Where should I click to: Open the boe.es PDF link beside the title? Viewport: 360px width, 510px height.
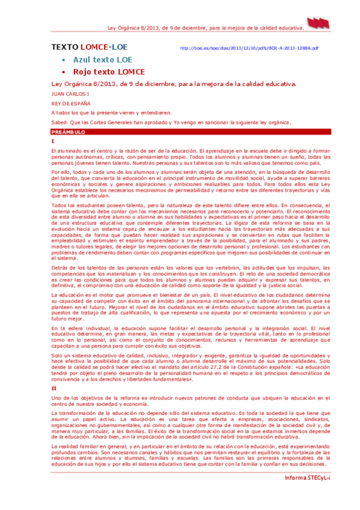pyautogui.click(x=249, y=48)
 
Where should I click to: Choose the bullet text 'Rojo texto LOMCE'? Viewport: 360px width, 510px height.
pyautogui.click(x=108, y=72)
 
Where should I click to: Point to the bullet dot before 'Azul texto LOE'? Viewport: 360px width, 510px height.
pyautogui.click(x=63, y=61)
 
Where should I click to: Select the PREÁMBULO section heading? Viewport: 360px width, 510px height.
pyautogui.click(x=69, y=131)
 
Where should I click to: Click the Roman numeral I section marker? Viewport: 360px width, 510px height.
pyautogui.click(x=53, y=140)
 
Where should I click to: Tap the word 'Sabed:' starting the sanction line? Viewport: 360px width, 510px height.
pyautogui.click(x=59, y=121)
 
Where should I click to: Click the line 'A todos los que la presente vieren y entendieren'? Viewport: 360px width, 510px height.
pyautogui.click(x=111, y=112)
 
